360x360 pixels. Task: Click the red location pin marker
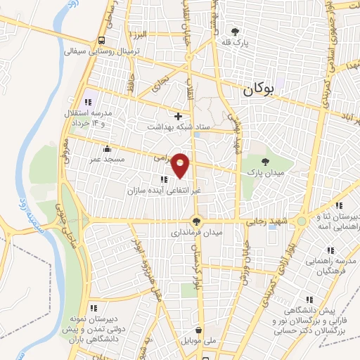point(181,165)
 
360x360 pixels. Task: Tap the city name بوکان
point(259,89)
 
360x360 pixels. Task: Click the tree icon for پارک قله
point(235,31)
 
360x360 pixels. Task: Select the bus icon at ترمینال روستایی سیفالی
point(103,40)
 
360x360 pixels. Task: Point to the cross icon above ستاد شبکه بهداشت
point(179,115)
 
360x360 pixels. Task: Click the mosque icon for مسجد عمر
point(107,148)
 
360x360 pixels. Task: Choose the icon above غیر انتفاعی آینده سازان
point(165,179)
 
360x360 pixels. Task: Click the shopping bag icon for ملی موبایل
point(200,330)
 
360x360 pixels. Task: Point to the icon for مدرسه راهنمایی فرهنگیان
point(329,250)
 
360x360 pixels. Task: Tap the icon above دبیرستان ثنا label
point(339,206)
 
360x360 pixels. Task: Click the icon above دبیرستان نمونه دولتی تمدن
point(94,307)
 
